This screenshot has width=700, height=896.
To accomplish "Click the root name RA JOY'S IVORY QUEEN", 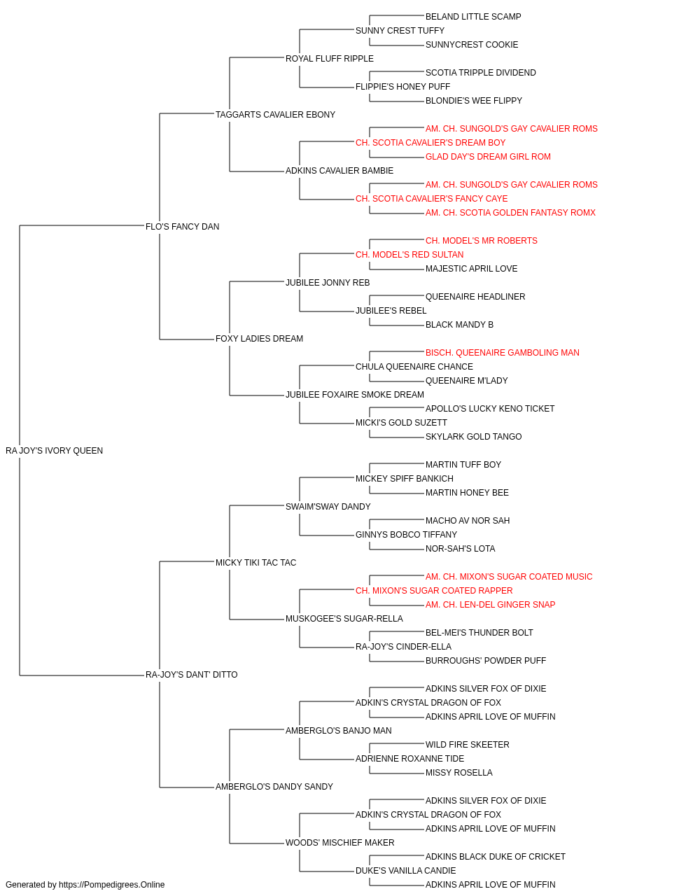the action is point(54,451).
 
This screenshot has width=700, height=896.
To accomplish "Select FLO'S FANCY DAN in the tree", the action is point(182,227).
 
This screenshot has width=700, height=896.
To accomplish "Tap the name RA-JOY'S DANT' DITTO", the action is point(191,675).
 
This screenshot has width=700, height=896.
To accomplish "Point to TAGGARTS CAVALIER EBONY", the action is point(275,115).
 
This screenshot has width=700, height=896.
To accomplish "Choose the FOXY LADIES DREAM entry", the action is point(259,339).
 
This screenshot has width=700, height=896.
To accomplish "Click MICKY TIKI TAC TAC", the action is point(255,563).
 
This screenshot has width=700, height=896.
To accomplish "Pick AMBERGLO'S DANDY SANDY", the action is point(274,787).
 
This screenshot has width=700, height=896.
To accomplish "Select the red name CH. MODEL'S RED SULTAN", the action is point(409,255).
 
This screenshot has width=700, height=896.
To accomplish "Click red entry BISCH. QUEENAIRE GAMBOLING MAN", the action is point(502,353).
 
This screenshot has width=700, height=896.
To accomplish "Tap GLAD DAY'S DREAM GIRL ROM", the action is point(488,157).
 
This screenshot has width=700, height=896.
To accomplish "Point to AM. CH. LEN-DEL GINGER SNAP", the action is point(490,605).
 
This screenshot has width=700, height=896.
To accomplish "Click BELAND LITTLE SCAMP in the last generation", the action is point(473,17).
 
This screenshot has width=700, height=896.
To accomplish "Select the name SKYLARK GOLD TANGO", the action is point(473,437).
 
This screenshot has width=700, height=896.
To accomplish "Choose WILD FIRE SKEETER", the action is point(467,745).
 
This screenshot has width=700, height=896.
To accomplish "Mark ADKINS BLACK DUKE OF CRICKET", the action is point(495,857).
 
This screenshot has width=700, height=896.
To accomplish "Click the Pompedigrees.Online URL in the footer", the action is point(111,885).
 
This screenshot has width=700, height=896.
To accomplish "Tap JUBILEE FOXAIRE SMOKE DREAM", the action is point(354,395).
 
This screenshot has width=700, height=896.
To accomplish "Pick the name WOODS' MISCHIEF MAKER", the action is point(339,843).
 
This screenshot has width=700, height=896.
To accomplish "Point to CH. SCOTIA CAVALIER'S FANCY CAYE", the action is point(432,199).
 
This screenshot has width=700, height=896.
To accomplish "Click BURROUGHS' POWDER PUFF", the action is point(486,661).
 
